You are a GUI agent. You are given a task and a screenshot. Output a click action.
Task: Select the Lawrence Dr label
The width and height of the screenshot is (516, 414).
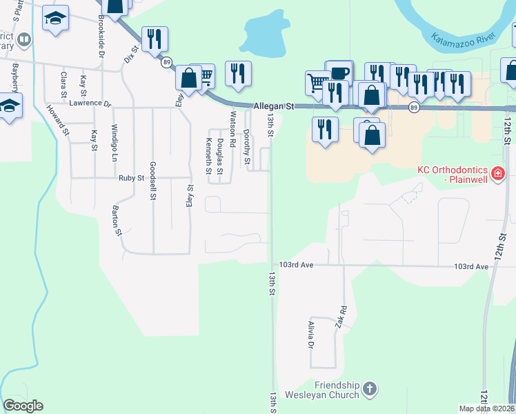click(x=90, y=103)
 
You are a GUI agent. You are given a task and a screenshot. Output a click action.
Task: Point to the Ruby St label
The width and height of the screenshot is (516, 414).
click(x=130, y=177)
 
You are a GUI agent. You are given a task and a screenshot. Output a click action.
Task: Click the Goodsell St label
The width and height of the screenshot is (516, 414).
click(x=152, y=181)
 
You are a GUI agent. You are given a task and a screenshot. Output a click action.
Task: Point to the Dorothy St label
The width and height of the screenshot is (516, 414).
click(x=247, y=147)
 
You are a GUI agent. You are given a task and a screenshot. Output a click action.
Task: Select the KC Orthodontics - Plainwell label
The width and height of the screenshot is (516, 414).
click(x=468, y=175)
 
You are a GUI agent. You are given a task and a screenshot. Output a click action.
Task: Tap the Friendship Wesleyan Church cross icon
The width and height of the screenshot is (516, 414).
click(x=370, y=388)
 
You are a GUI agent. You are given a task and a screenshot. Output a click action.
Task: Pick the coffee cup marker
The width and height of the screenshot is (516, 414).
click(x=339, y=73)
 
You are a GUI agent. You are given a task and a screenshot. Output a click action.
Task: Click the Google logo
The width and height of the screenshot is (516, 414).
click(x=23, y=406)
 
